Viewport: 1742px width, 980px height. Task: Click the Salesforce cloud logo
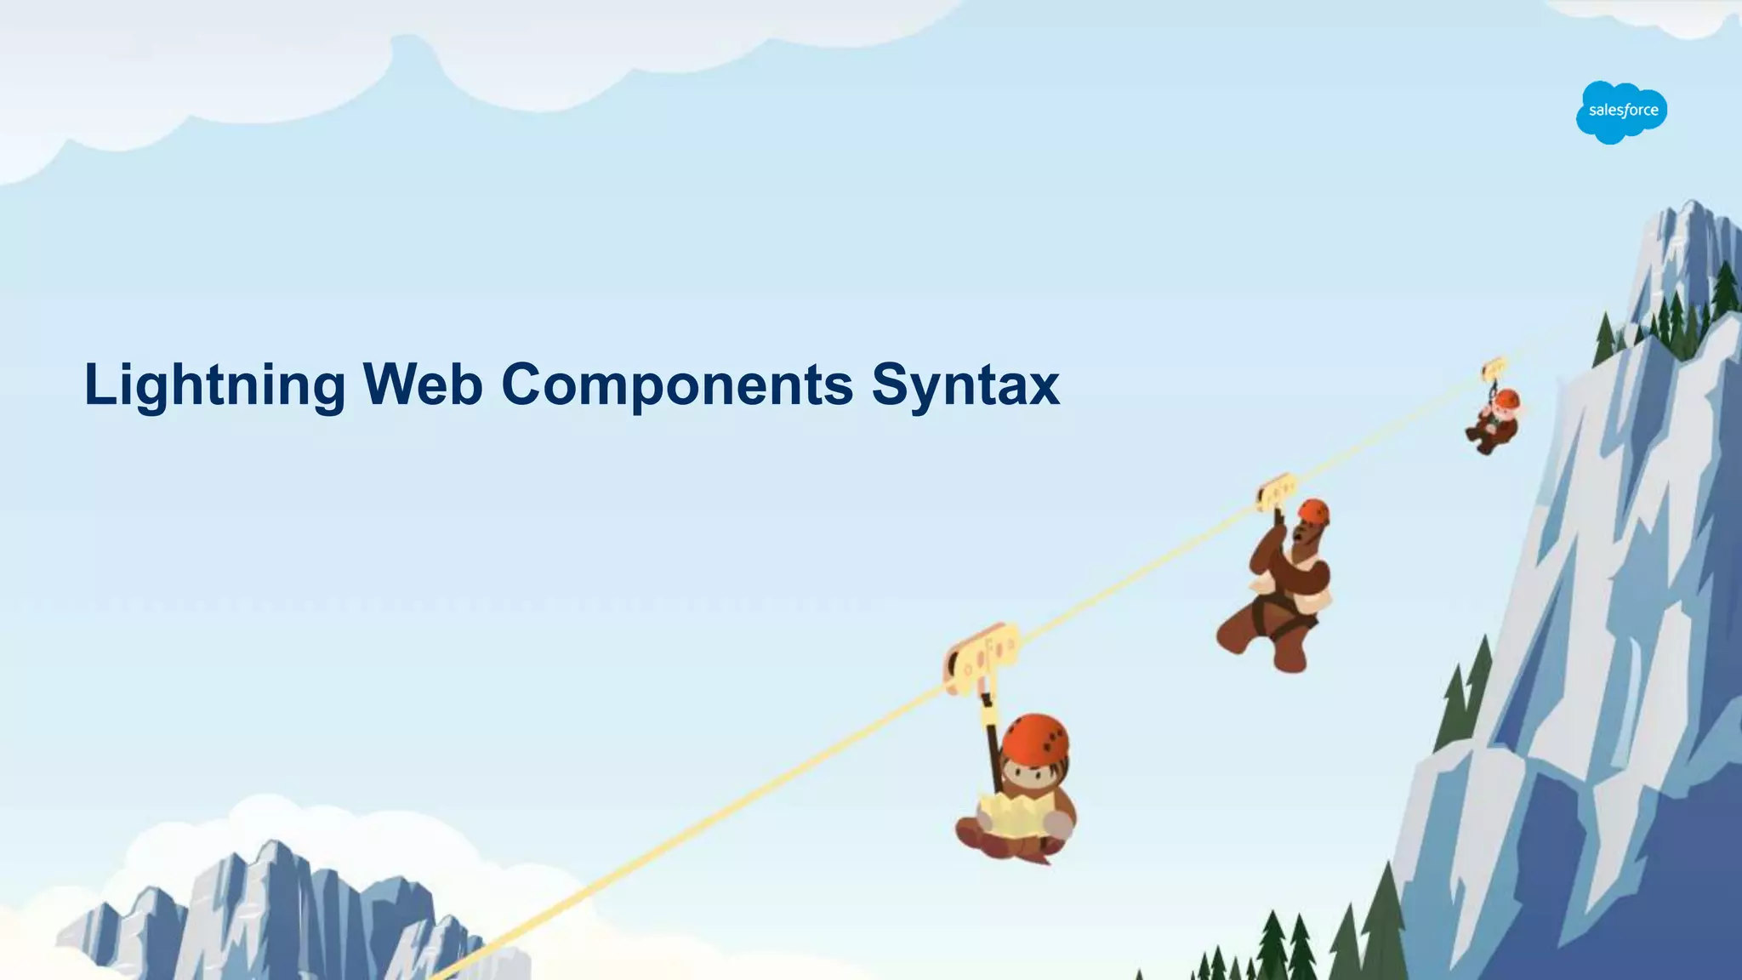(1621, 111)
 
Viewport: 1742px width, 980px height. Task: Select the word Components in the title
(676, 385)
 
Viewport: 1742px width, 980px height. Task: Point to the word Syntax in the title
(965, 385)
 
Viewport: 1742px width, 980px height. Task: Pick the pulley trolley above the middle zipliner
(1276, 493)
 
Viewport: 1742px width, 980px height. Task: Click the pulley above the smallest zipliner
(1494, 368)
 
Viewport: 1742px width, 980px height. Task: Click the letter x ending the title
(1043, 387)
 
